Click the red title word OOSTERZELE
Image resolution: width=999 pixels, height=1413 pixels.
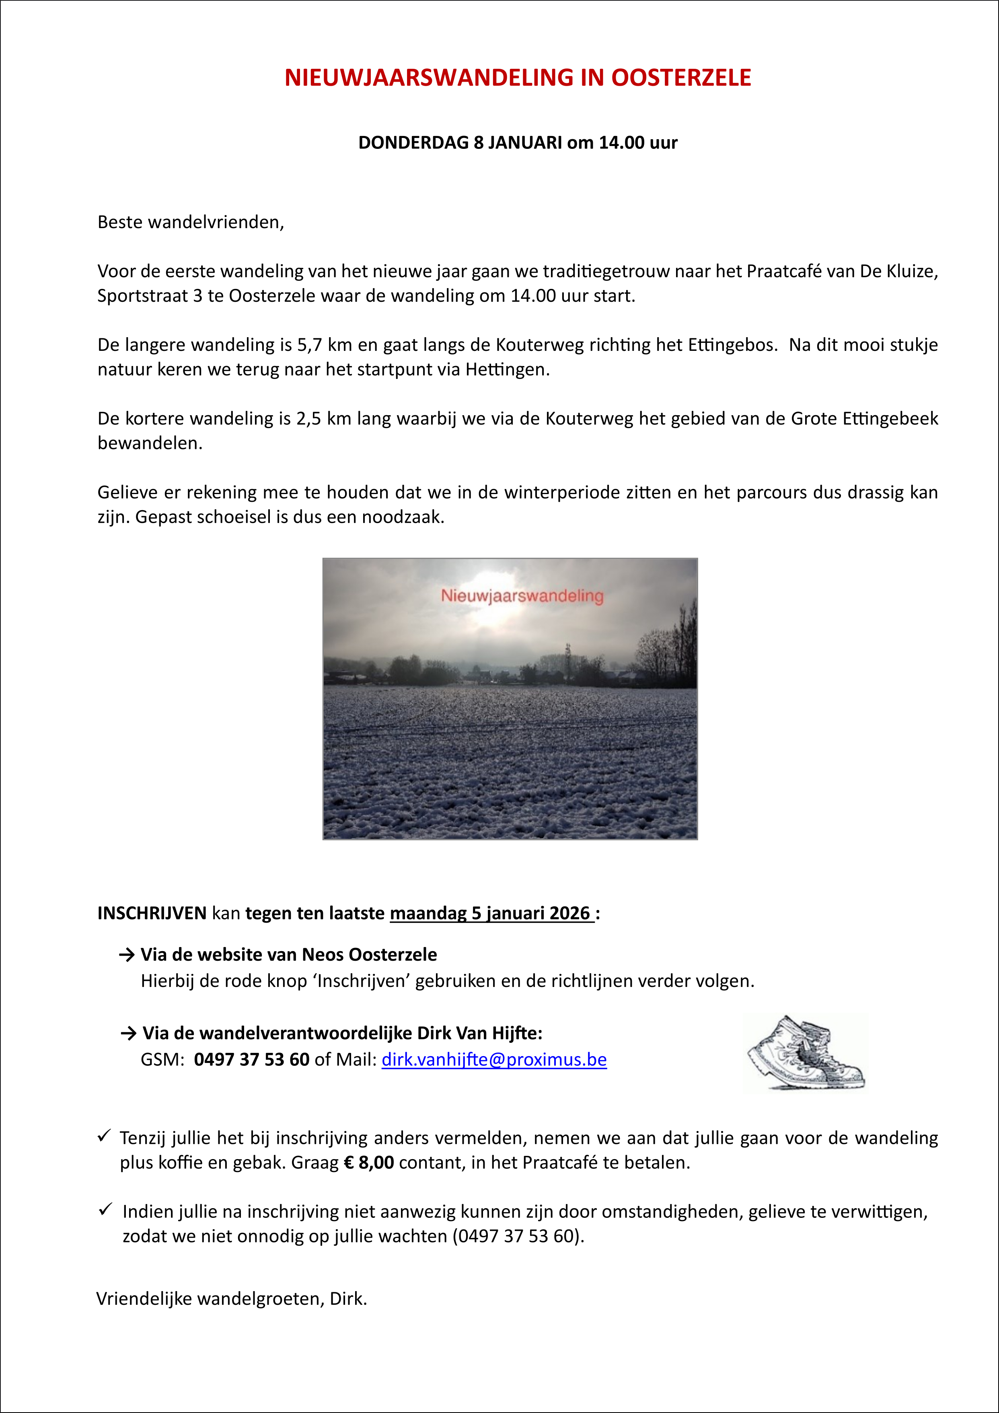[x=681, y=78]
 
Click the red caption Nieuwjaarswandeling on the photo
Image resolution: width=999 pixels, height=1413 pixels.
[x=522, y=596]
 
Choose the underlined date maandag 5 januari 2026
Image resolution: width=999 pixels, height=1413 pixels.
[x=491, y=913]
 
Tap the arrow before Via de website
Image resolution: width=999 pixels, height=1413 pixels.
[x=127, y=955]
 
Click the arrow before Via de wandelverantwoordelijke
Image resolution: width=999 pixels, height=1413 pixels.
[x=129, y=1033]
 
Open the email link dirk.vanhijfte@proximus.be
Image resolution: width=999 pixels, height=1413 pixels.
[x=494, y=1060]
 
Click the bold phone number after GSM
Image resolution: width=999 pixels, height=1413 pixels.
[x=252, y=1060]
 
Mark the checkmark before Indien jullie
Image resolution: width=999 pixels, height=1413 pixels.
[x=105, y=1210]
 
